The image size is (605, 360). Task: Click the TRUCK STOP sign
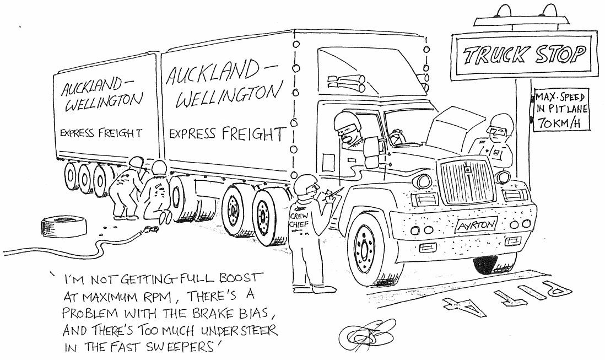point(523,54)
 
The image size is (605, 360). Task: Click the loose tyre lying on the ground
point(64,227)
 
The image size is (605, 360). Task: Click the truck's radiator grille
point(466,181)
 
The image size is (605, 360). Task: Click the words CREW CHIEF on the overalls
point(299,221)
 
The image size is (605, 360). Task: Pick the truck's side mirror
point(371,152)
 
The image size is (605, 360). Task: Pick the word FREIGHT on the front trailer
point(253,133)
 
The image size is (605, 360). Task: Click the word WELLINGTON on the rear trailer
point(104,101)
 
